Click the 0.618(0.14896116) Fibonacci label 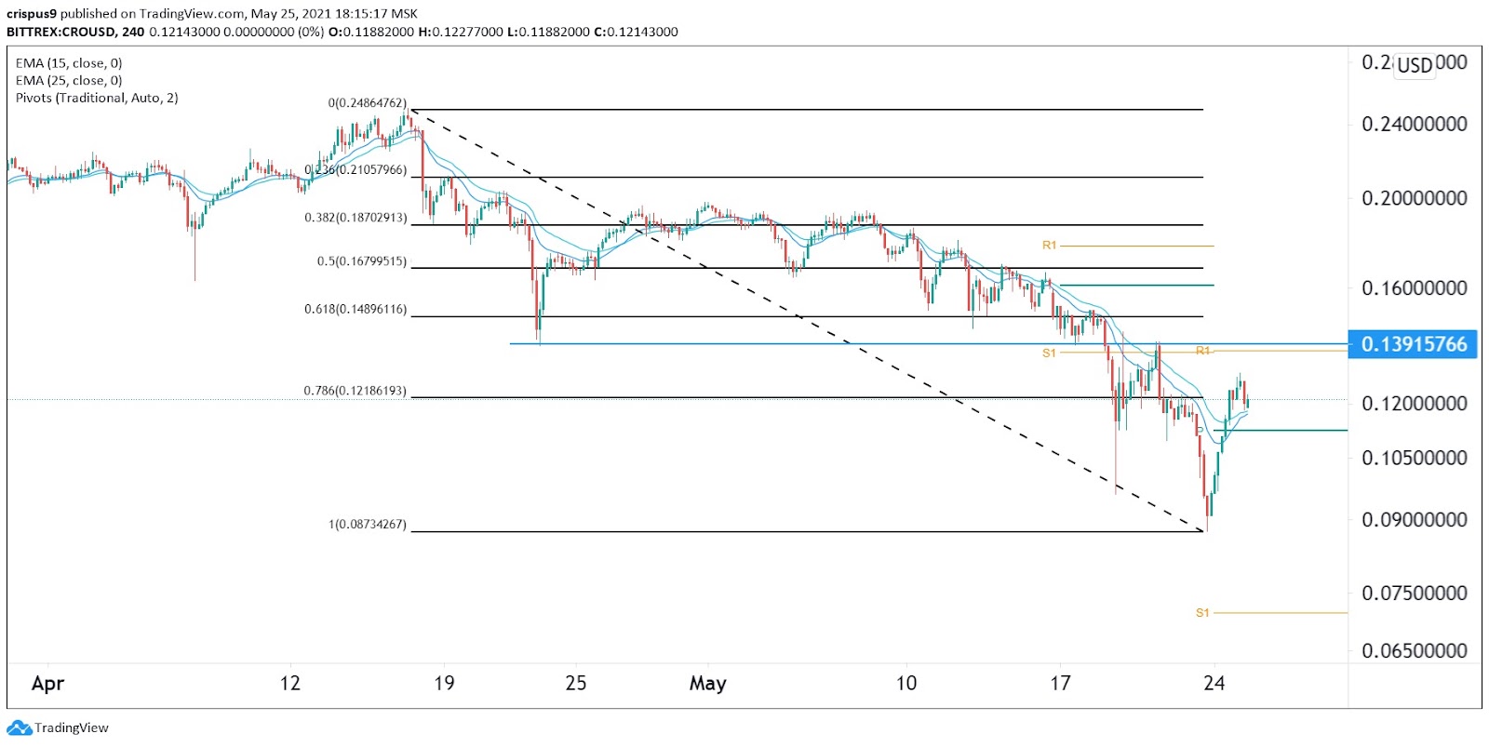tap(355, 309)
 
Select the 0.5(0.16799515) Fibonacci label tap(361, 261)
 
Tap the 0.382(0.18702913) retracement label tap(355, 218)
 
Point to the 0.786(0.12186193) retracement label tap(355, 391)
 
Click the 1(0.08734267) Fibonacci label tap(367, 525)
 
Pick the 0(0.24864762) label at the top tap(367, 103)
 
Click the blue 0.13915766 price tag tap(1413, 344)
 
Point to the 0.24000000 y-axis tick tap(1414, 125)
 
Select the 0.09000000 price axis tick tap(1414, 520)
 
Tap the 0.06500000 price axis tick tap(1414, 651)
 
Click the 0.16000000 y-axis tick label tap(1414, 288)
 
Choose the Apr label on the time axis tap(47, 684)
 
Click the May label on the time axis tap(707, 684)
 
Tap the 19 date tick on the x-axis tap(444, 684)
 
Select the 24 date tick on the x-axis tap(1214, 684)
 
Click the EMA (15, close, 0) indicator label tap(69, 63)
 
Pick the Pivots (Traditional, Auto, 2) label tap(97, 98)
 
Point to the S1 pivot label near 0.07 tap(1202, 613)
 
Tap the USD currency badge tap(1415, 65)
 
